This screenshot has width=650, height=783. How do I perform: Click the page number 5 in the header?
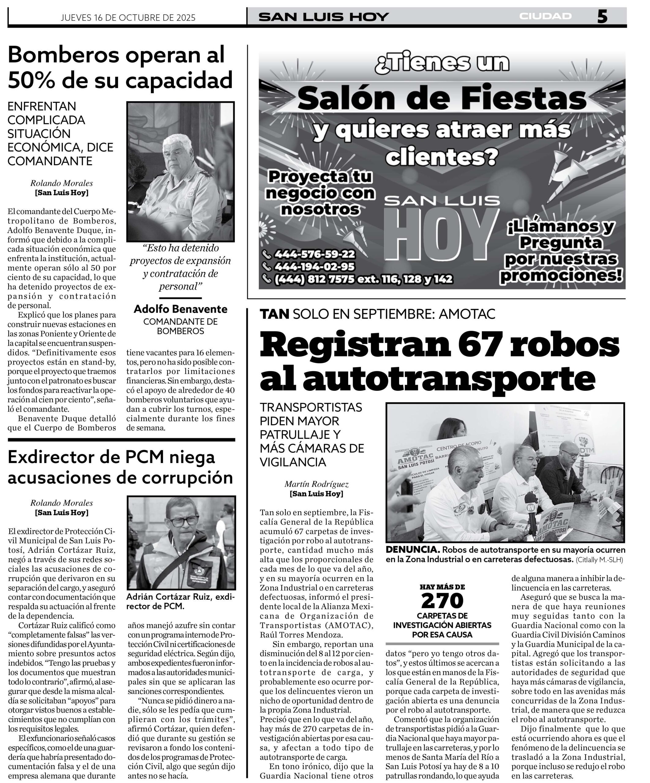tap(602, 17)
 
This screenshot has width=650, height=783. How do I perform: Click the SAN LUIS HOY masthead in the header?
tap(323, 17)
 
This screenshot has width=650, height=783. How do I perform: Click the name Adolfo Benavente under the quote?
tap(180, 309)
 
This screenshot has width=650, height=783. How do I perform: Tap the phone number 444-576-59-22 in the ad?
tap(314, 254)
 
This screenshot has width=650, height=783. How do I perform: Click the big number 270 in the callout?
tap(442, 601)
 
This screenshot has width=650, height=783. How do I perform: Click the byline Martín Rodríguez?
tap(316, 484)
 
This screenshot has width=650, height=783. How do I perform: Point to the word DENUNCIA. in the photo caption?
tap(412, 550)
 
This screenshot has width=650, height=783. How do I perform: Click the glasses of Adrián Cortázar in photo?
tap(182, 521)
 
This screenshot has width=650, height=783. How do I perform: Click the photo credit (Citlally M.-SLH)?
tap(599, 560)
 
